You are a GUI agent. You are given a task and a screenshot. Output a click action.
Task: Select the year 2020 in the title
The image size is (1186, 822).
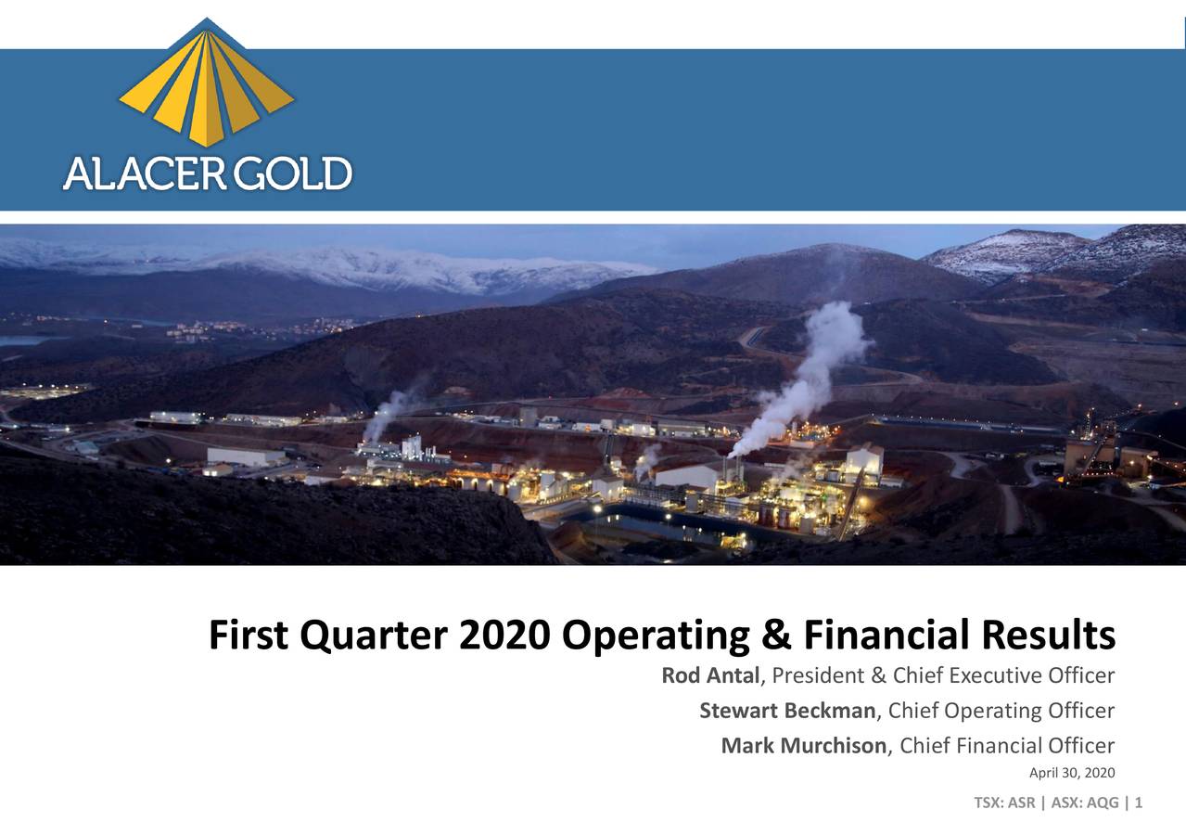click(505, 636)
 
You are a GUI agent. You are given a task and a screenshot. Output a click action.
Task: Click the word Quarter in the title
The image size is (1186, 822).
click(373, 637)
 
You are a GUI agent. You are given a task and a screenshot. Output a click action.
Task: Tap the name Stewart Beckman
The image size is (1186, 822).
click(787, 711)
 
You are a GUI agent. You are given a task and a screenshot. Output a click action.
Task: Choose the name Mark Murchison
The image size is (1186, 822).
click(803, 745)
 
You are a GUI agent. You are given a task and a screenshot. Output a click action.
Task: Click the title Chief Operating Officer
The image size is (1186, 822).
click(1001, 711)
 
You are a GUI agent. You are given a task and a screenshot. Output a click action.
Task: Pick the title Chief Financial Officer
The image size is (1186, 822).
click(1007, 745)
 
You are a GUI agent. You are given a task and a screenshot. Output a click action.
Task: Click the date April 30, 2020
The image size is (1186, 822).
click(1072, 774)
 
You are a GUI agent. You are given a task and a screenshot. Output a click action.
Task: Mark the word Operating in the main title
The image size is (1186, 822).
click(656, 637)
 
